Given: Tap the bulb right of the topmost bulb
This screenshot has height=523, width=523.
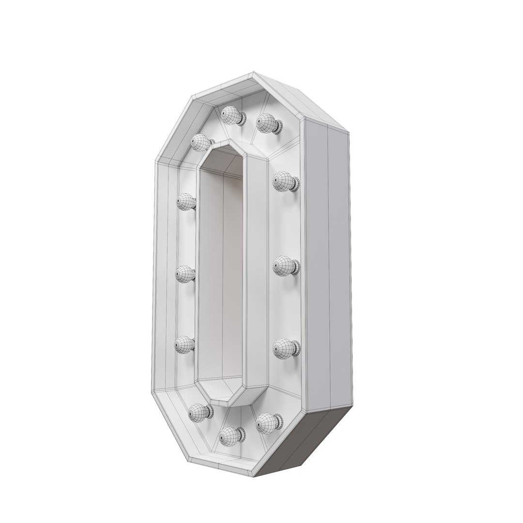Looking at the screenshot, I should [266, 123].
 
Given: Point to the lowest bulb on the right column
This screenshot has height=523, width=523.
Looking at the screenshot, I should [283, 348].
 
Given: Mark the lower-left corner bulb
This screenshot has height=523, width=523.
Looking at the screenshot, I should [198, 412].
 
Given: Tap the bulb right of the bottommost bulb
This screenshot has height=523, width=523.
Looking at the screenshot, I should [266, 422].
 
